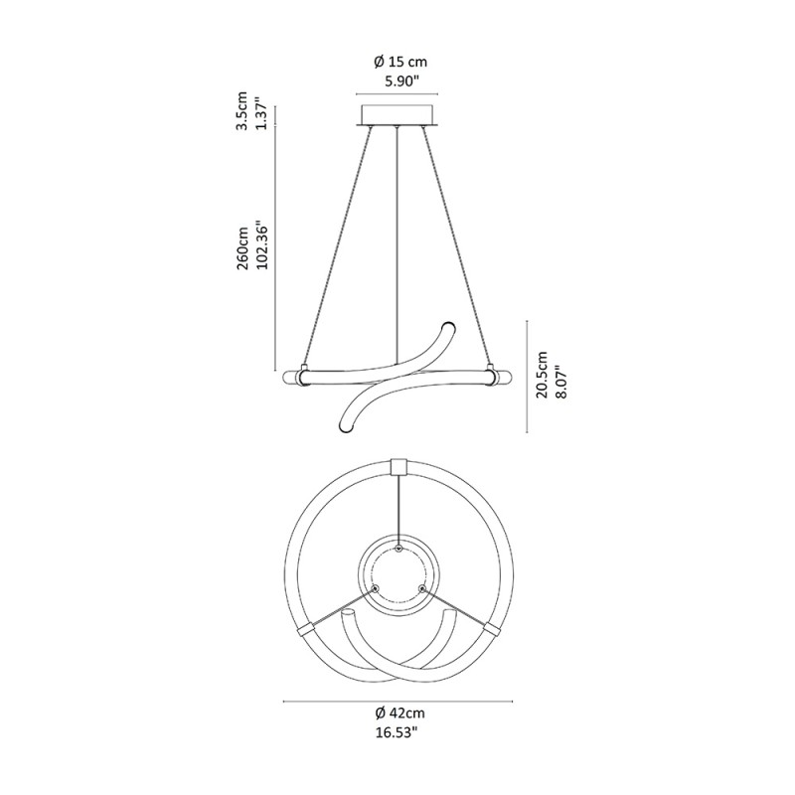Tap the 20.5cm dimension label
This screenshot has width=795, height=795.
pyautogui.click(x=542, y=376)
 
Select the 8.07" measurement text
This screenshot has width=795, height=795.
pyautogui.click(x=561, y=376)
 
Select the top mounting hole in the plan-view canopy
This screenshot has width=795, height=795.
pyautogui.click(x=398, y=548)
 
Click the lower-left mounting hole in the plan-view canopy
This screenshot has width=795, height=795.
pyautogui.click(x=375, y=589)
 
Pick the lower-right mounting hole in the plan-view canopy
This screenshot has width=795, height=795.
pyautogui.click(x=422, y=589)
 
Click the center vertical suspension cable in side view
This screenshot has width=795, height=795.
pyautogui.click(x=397, y=238)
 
